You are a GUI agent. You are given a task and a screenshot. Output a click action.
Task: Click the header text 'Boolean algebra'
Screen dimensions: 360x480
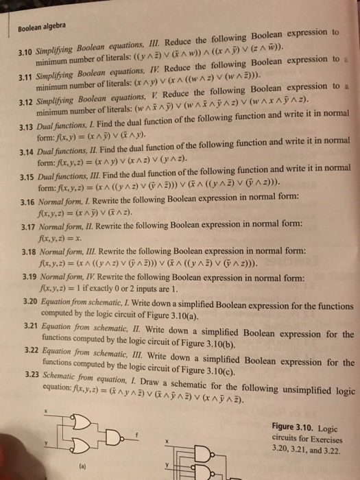pyautogui.click(x=37, y=26)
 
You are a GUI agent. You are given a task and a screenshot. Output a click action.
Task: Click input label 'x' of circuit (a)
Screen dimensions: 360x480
pyautogui.click(x=46, y=411)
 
